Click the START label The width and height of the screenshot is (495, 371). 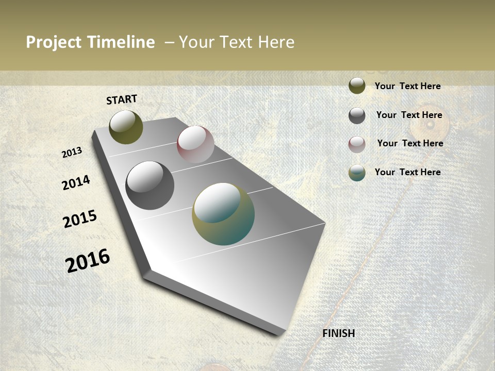pos(122,99)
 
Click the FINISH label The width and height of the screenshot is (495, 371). pos(339,333)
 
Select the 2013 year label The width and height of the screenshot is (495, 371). pos(72,153)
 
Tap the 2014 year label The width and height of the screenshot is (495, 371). pos(76,182)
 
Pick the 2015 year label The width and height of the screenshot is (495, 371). pos(80,219)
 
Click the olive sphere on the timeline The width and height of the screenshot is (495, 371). pos(126,127)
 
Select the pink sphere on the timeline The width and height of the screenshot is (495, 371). pos(195,144)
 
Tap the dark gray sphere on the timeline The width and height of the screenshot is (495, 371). pos(150,185)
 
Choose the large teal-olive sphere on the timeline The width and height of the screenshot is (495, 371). pos(223,214)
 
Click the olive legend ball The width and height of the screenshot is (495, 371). pos(357,86)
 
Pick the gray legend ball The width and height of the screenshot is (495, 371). pos(357,115)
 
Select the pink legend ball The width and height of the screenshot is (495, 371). pos(357,144)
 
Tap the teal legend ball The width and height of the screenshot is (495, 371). pos(357,173)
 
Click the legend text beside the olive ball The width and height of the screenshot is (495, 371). pos(407,86)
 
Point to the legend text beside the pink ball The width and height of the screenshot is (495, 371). pos(410,143)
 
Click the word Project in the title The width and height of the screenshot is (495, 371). pos(54,42)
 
